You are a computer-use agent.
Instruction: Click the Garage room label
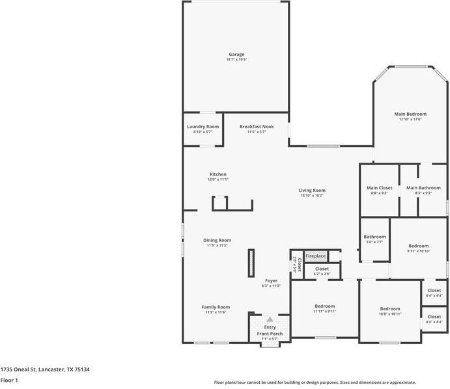(x=236, y=55)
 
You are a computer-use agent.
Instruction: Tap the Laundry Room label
(x=203, y=126)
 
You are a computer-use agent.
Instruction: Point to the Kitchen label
(x=218, y=174)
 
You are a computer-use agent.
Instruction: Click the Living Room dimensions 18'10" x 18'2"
(x=312, y=195)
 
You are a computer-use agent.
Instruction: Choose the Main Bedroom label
(x=410, y=114)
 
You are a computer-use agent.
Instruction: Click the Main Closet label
(x=380, y=188)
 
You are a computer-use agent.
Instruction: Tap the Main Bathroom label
(x=423, y=188)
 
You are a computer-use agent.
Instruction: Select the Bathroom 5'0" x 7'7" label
(x=374, y=237)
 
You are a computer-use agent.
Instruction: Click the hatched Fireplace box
(x=316, y=256)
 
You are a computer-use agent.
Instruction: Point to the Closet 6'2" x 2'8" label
(x=322, y=269)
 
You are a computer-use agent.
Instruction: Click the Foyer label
(x=270, y=280)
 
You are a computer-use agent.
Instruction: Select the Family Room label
(x=215, y=307)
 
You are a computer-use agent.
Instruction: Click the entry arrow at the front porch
(x=270, y=319)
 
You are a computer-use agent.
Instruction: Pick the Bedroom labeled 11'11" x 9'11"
(x=324, y=306)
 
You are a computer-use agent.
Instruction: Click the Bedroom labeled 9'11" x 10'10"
(x=418, y=246)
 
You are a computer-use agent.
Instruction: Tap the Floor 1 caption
(x=8, y=380)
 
